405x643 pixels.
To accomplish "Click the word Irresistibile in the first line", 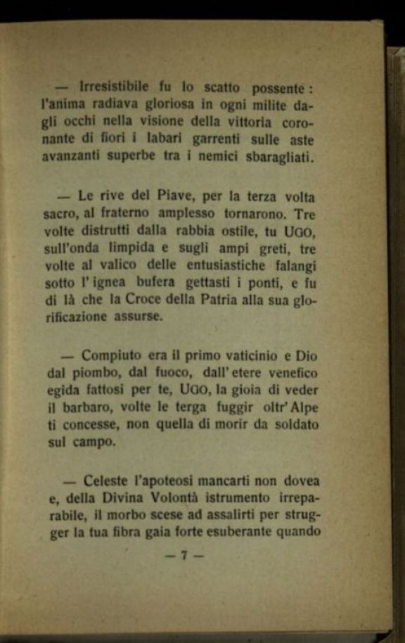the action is point(115,88).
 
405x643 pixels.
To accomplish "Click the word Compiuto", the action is point(111,356).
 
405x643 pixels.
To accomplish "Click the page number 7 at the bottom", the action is point(184,555).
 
